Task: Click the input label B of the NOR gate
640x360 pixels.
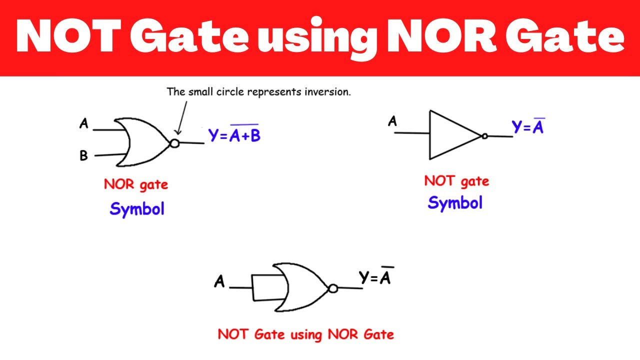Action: (x=83, y=155)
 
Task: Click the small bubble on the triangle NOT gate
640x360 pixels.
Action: (x=484, y=136)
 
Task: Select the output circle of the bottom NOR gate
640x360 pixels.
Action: (x=333, y=288)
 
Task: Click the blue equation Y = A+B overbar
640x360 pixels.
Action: (x=234, y=133)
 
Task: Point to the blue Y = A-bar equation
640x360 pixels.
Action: (x=528, y=126)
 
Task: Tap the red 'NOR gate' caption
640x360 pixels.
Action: (x=135, y=185)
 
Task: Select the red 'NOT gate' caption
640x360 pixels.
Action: (x=456, y=181)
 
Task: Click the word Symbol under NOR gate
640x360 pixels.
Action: (x=137, y=209)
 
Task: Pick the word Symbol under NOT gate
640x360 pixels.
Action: (x=455, y=203)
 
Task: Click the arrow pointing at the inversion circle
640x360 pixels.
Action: (x=182, y=118)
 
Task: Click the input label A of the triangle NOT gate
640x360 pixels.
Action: (x=392, y=121)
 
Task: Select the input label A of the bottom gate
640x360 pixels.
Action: (x=219, y=281)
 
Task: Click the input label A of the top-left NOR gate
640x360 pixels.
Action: (x=83, y=123)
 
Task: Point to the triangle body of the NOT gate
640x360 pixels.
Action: (x=429, y=135)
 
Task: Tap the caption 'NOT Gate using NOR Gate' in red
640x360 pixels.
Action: (x=305, y=334)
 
